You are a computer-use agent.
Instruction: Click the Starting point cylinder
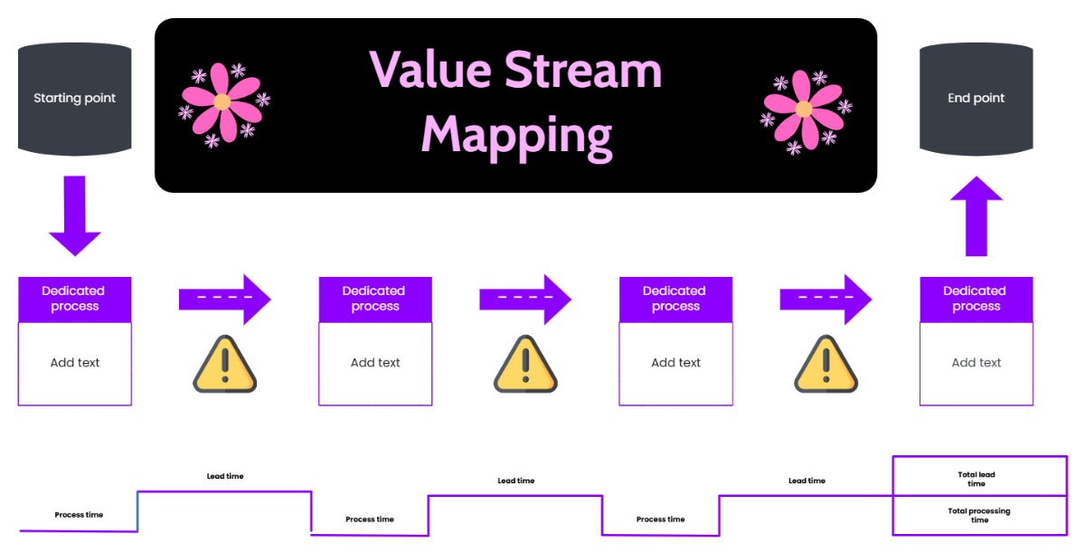coord(75,98)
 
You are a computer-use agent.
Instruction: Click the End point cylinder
coord(976,98)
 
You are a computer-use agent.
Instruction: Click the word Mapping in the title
coord(516,136)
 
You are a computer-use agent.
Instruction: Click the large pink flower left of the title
coord(222,102)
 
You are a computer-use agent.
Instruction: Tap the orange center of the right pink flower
coord(803,110)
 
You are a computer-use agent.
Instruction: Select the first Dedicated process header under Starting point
coord(75,299)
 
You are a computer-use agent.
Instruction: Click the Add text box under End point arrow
coord(976,363)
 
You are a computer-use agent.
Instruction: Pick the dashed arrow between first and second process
coord(224,299)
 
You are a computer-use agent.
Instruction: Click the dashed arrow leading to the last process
coord(825,299)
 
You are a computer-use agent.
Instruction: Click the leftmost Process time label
coord(79,514)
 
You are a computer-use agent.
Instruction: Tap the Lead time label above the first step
coord(224,476)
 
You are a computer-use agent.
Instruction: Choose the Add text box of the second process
coord(375,363)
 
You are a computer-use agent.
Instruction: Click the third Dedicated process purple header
coord(675,299)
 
